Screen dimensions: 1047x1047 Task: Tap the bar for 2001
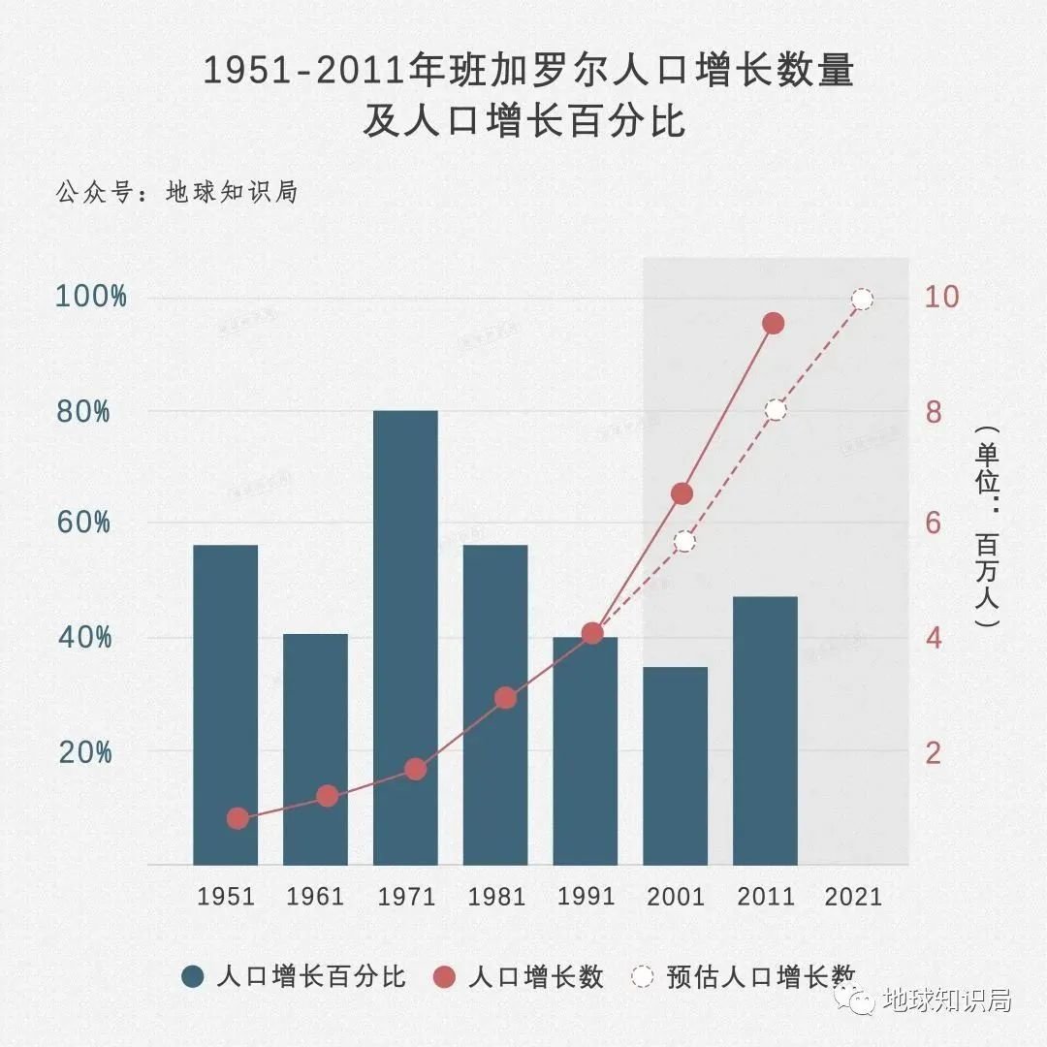tap(676, 766)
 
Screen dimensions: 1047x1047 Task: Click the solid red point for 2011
tap(773, 324)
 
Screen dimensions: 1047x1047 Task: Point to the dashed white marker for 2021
tap(862, 299)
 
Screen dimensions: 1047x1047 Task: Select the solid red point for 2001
tap(682, 493)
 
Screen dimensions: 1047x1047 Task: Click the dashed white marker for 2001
tap(685, 541)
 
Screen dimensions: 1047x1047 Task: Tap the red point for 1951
tap(238, 818)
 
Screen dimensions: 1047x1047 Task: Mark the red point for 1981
tap(505, 698)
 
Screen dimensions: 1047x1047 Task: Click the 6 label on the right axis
tap(934, 523)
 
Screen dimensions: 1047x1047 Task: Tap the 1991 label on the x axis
tap(586, 896)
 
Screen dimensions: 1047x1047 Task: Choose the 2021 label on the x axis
tap(854, 896)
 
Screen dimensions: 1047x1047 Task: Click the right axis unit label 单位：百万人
tap(987, 528)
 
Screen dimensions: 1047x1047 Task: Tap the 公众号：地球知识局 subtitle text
tap(175, 192)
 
